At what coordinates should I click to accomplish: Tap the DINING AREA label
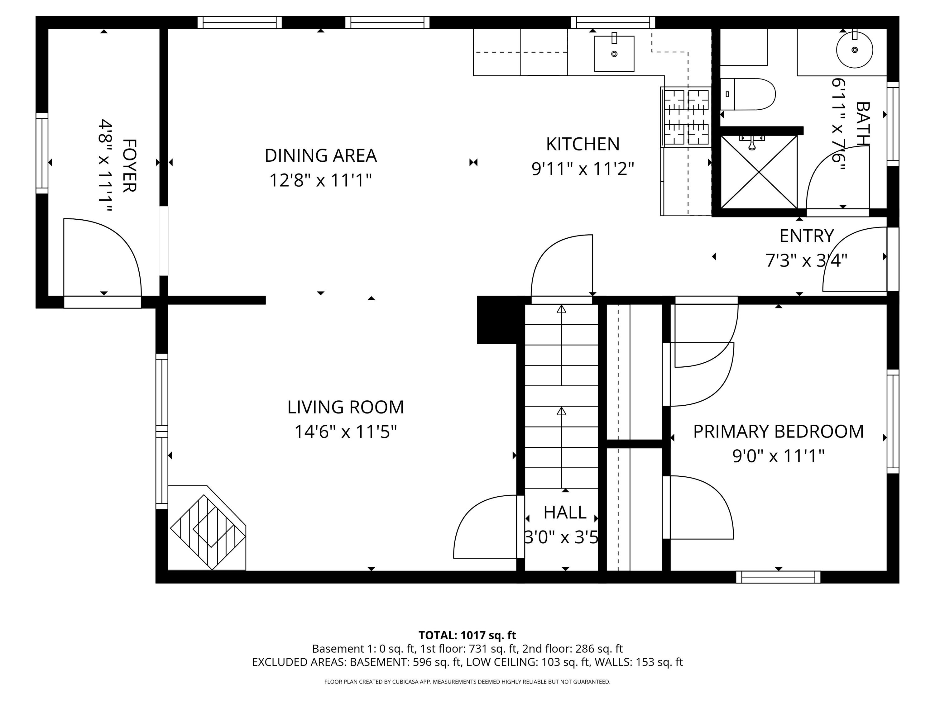(x=320, y=155)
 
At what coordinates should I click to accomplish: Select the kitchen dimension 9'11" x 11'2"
(x=583, y=169)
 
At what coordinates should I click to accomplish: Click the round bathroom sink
(x=854, y=50)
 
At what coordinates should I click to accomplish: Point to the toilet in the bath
(x=748, y=94)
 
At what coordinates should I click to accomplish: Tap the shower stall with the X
(x=759, y=172)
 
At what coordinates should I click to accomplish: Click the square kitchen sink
(x=614, y=54)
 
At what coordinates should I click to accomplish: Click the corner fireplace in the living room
(x=208, y=528)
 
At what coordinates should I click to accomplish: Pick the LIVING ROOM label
(x=345, y=407)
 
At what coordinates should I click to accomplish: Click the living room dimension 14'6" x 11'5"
(x=345, y=432)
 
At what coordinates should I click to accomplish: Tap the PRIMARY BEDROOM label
(x=778, y=432)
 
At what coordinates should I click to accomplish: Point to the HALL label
(x=565, y=513)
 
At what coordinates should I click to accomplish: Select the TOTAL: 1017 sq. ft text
(x=467, y=635)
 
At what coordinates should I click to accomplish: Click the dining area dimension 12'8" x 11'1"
(x=320, y=180)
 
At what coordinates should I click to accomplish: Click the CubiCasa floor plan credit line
(x=467, y=682)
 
